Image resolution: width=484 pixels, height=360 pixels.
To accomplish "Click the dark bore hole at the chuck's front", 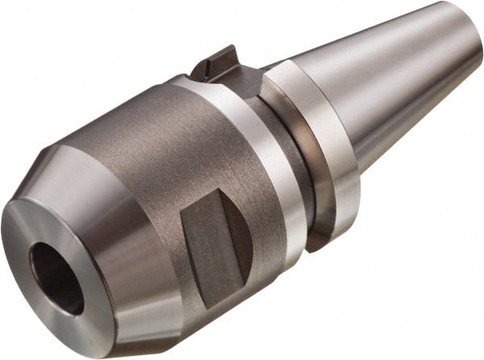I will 55,278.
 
